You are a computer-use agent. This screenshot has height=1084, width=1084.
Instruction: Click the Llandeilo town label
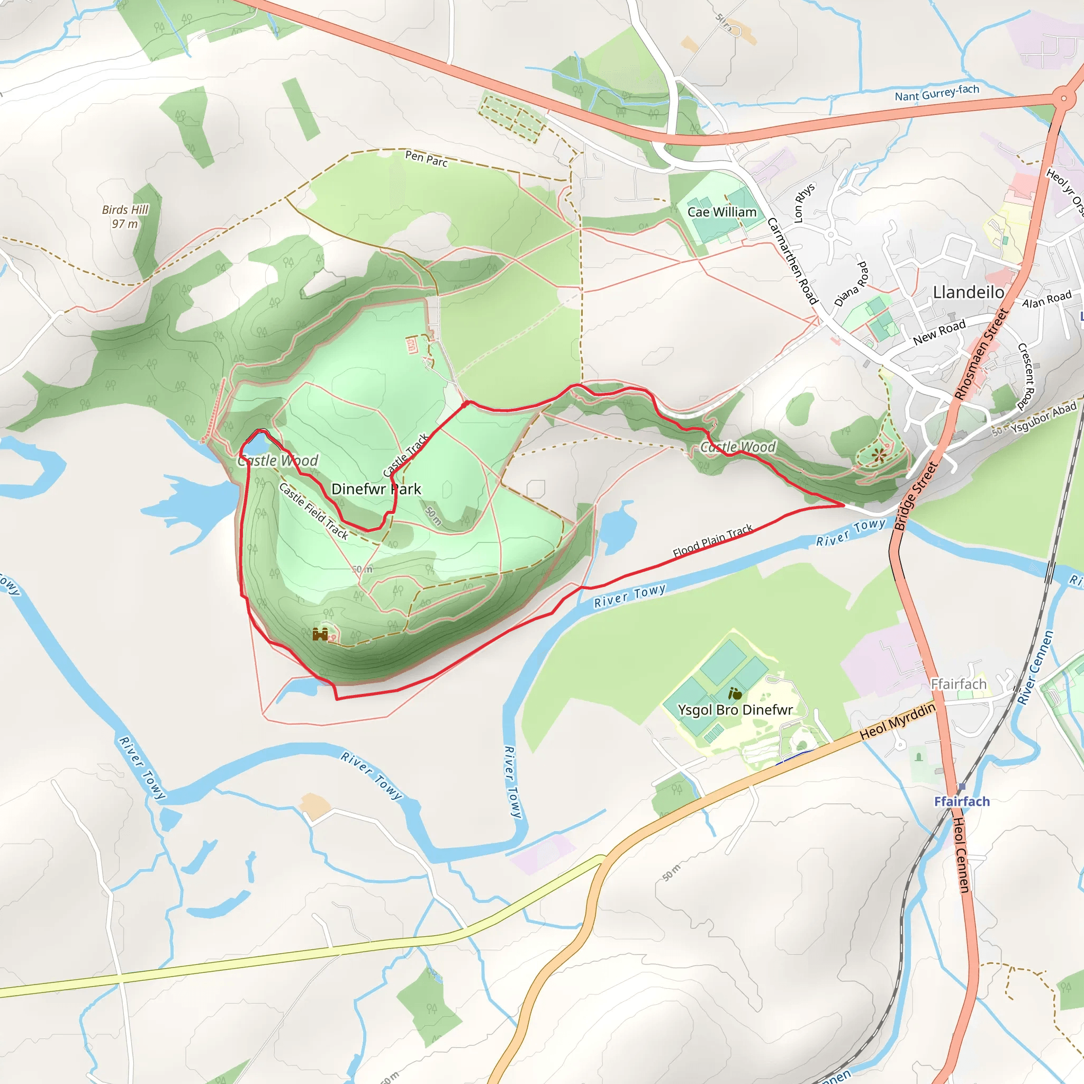[969, 292]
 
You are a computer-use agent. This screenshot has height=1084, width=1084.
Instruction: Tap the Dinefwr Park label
[376, 489]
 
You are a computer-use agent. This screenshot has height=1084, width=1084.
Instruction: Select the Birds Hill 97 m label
[124, 216]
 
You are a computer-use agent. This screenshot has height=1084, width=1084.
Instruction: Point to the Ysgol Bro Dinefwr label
[735, 710]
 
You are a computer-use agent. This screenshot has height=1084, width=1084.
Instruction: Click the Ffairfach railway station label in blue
[962, 801]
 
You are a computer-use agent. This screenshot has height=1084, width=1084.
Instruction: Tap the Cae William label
[721, 212]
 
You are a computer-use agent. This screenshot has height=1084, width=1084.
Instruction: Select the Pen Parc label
[427, 159]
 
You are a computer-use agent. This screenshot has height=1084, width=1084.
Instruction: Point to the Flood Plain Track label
[712, 540]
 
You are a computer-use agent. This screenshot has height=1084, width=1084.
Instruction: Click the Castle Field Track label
[314, 511]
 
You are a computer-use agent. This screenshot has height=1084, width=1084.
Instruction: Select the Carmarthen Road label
[792, 261]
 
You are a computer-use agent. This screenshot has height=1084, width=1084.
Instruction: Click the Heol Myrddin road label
[897, 721]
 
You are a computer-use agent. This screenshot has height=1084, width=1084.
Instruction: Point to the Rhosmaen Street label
[981, 355]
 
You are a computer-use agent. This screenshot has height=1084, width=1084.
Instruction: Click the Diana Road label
[851, 284]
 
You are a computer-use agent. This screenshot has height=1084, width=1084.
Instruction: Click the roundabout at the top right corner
[1063, 99]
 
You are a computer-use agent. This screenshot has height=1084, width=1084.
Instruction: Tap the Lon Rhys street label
[805, 203]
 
